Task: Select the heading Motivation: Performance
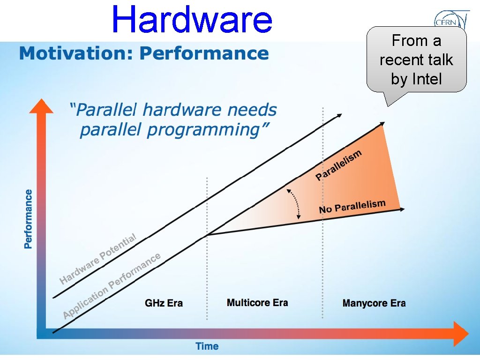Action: [x=144, y=53]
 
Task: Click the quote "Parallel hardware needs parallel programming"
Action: [x=172, y=120]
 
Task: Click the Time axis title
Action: [x=207, y=346]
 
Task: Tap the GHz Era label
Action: [x=164, y=303]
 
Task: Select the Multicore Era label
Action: [x=257, y=302]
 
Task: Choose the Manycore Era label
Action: [x=374, y=303]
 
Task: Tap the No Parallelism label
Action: [x=352, y=206]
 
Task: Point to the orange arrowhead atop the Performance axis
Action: [x=41, y=106]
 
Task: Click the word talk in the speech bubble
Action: [x=440, y=60]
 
